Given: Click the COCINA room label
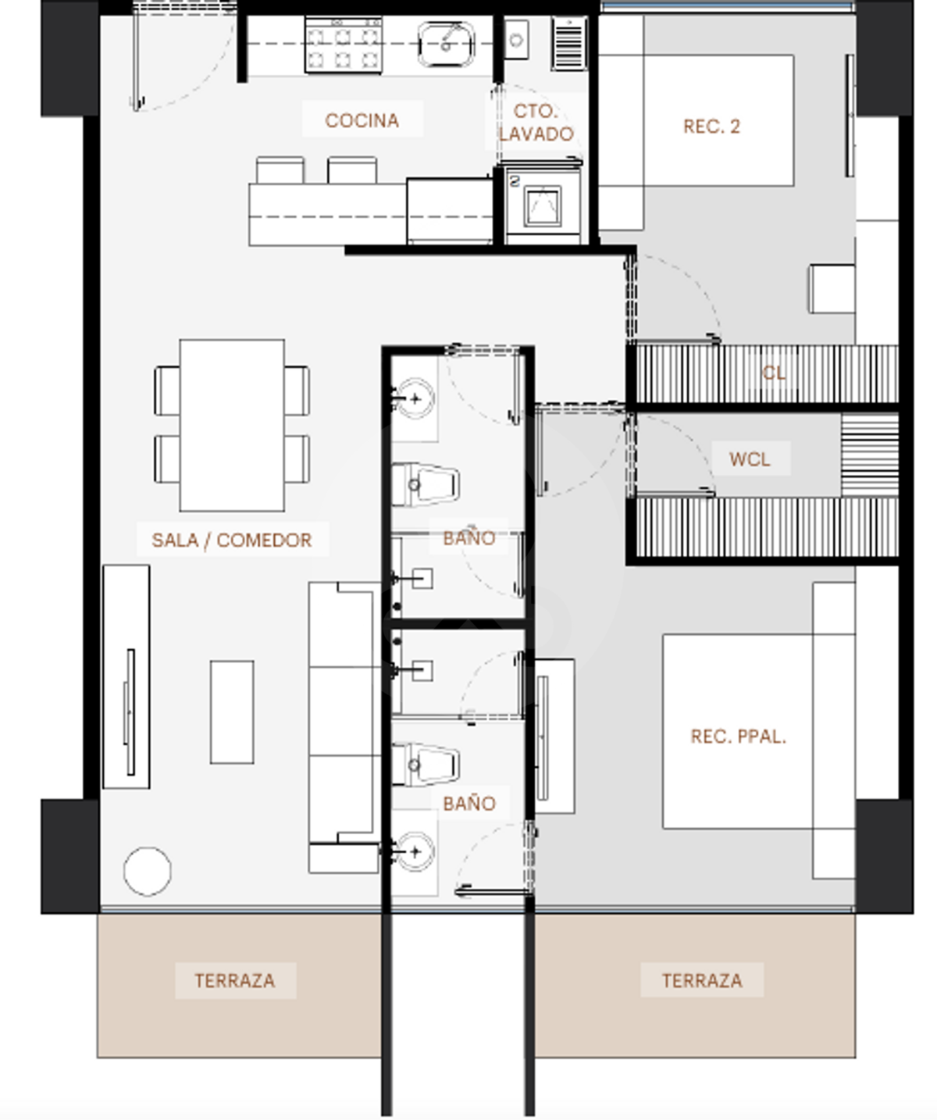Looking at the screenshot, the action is [362, 120].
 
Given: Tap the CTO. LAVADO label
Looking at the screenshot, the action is [536, 123].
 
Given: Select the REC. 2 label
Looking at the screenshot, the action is [712, 127].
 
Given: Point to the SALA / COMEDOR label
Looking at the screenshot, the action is [232, 540].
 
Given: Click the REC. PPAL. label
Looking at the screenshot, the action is [738, 737].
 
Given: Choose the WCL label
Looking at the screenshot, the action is [750, 459].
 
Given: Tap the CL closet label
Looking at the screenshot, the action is [773, 373].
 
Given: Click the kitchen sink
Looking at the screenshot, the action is [446, 45].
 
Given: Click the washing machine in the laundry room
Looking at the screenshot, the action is [543, 203].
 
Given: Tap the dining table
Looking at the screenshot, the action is [232, 425].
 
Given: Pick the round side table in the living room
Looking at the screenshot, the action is [148, 872].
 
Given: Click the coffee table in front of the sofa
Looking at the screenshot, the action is [232, 712].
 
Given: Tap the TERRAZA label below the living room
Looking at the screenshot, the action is [235, 980].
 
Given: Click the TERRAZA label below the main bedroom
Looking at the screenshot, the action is [702, 980].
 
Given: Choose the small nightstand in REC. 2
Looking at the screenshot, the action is [832, 288].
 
